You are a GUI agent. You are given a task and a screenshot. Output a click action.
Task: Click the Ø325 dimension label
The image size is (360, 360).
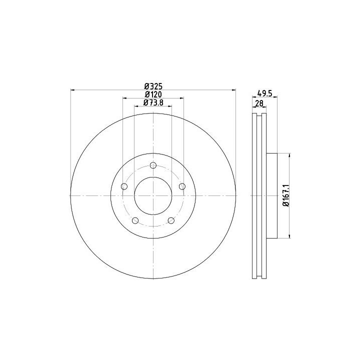point(153,86)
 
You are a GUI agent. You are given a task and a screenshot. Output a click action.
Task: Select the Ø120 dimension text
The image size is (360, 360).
point(153,94)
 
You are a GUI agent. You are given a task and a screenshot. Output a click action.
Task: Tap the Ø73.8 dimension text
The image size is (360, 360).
point(153,102)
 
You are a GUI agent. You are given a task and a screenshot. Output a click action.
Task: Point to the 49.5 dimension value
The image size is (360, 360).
point(264,93)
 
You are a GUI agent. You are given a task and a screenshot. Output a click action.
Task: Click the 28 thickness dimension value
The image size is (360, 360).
point(259,103)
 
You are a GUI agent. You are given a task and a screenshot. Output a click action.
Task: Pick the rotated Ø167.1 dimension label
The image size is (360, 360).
point(286,196)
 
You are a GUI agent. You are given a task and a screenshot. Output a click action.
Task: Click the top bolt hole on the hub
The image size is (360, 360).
point(153,165)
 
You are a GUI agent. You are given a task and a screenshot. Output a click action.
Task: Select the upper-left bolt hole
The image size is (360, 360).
point(124,186)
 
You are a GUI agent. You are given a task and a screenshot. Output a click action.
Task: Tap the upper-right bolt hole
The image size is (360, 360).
point(182,186)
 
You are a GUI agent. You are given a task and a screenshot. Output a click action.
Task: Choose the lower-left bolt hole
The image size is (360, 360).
point(135,220)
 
